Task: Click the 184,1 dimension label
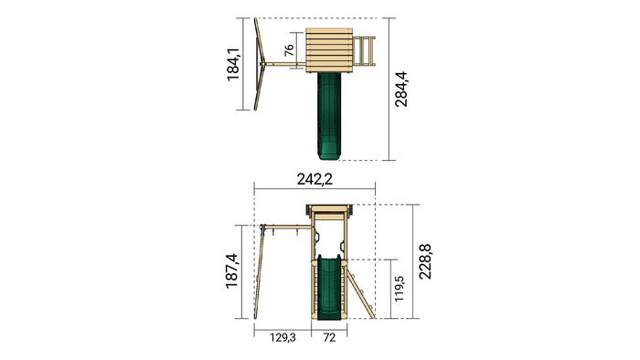tap(233, 64)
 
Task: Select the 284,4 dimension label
tap(401, 90)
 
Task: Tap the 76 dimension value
tap(289, 50)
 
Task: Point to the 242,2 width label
tap(315, 179)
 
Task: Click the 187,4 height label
tap(232, 271)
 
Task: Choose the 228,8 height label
tap(425, 261)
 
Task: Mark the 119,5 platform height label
tap(399, 289)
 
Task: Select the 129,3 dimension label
tap(283, 337)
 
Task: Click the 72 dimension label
tap(329, 337)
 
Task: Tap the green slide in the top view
tap(329, 116)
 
